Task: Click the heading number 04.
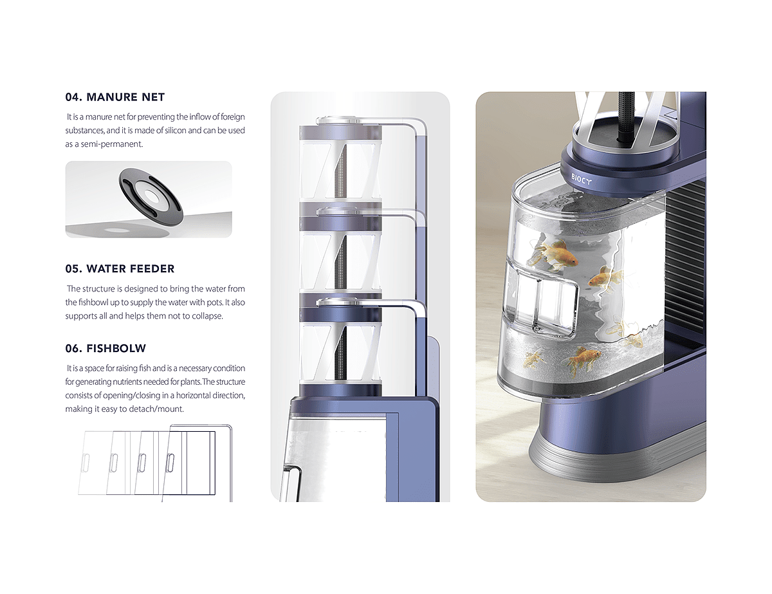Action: click(73, 97)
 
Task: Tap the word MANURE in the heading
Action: click(113, 97)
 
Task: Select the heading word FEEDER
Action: click(152, 268)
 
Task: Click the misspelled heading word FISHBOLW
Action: click(116, 348)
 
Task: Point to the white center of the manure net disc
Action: click(151, 195)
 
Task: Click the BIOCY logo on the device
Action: click(581, 179)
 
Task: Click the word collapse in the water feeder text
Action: click(208, 316)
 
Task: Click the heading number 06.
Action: click(74, 348)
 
